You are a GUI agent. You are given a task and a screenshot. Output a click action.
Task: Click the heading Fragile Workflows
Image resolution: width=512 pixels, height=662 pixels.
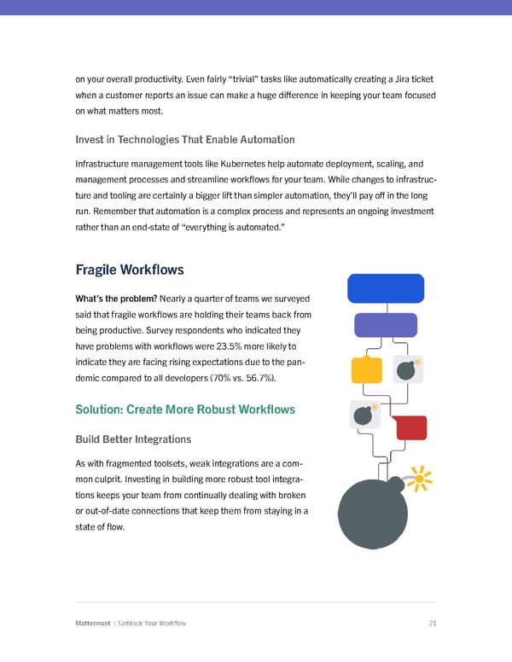(130, 270)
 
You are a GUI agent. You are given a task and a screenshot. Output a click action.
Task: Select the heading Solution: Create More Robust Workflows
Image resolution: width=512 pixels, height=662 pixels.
(185, 409)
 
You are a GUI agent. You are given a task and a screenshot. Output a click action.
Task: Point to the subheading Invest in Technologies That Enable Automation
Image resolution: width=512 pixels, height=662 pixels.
(185, 139)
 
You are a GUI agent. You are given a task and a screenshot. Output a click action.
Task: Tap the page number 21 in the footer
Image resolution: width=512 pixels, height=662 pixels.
(433, 623)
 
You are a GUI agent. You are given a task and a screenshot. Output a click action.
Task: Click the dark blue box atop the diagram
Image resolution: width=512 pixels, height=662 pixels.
(386, 288)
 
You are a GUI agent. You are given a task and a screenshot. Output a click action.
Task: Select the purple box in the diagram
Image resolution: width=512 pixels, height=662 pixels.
(385, 326)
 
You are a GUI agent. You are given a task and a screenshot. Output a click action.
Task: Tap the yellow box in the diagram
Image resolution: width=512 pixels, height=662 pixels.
(366, 369)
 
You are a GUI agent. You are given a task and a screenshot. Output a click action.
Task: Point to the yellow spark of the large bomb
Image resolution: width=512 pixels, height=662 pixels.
(417, 479)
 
